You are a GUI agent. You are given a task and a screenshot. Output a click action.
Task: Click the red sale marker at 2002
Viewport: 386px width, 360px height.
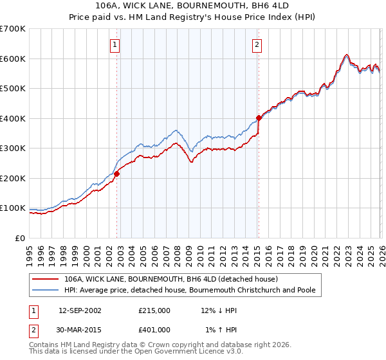[117, 174]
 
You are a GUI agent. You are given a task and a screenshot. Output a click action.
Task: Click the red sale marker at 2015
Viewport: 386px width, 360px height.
[259, 118]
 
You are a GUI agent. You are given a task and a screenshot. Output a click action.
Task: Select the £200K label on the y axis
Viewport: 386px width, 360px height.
[13, 178]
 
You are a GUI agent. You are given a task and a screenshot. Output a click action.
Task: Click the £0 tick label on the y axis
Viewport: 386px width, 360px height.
[19, 238]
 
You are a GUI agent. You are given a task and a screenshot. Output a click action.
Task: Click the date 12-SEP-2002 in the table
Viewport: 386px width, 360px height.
[80, 310]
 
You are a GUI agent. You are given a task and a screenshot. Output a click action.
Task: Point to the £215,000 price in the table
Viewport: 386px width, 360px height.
[154, 310]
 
